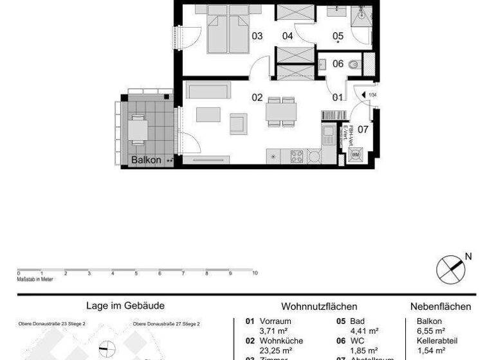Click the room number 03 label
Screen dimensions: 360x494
coord(257,37)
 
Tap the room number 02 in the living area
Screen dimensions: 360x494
coord(257,98)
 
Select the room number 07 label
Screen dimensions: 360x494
coord(363,129)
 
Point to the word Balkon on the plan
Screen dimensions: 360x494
coord(145,159)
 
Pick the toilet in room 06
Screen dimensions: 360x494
coord(352,64)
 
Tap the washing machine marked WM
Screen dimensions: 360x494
coord(355,155)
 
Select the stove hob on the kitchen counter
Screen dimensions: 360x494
coord(297,156)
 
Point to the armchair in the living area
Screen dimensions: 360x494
coord(239,123)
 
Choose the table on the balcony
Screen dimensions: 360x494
coord(138,130)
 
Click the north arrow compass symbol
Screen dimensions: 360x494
coord(450,268)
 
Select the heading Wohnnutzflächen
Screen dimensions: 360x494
coord(319,307)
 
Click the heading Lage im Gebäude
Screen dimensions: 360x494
coord(125,307)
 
